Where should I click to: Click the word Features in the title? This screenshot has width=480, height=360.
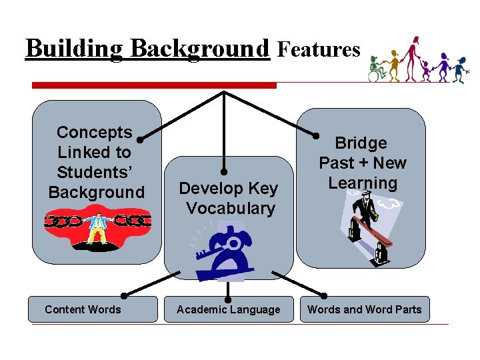319,49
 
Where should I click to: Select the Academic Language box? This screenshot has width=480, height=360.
229,309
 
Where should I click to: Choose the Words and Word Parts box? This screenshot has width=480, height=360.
364,309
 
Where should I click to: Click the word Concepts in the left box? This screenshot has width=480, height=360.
95,133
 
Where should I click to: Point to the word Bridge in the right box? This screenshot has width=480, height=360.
361,143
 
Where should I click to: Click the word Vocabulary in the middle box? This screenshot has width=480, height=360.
231,209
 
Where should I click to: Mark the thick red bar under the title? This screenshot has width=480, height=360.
154,85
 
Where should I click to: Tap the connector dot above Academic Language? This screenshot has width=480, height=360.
229,296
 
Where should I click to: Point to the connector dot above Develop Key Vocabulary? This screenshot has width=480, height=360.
225,178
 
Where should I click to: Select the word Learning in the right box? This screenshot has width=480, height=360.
363,183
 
